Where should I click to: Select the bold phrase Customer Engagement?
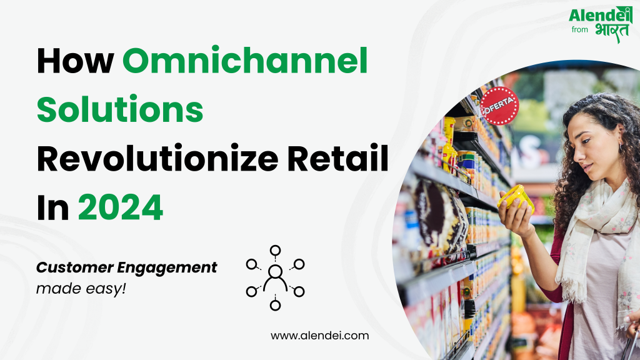127,267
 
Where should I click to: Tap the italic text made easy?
81,289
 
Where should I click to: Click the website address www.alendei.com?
319,336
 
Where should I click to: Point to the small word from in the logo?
579,29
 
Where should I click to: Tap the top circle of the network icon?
275,251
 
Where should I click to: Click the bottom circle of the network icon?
275,305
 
